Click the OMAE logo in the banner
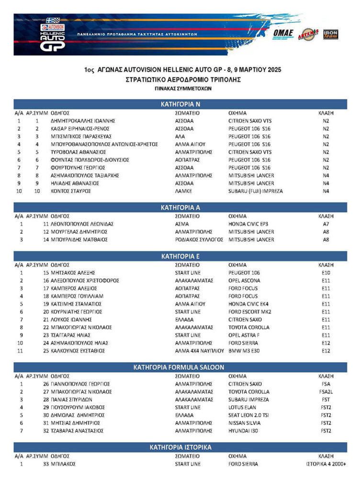(284, 33)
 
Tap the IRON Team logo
(330, 34)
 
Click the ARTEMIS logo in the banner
(308, 34)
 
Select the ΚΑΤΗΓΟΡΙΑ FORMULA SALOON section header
(180, 367)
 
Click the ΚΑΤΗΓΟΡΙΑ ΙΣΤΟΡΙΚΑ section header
(180, 447)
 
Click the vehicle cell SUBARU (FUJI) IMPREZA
(256, 191)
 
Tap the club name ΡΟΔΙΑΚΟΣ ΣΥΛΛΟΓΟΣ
(199, 240)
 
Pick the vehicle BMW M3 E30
(245, 351)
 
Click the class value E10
(326, 273)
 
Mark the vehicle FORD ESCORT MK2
(251, 312)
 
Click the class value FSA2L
(326, 392)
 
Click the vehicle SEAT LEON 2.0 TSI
(249, 415)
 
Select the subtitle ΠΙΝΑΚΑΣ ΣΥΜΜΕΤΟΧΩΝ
(180, 89)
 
